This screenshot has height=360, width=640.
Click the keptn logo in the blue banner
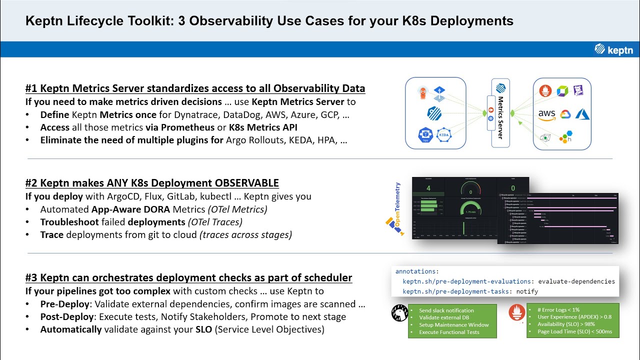[613, 49]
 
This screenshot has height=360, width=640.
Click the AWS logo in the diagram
[546, 114]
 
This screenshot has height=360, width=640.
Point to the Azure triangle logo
[582, 114]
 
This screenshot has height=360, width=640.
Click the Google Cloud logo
[565, 114]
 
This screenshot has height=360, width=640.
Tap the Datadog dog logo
[578, 90]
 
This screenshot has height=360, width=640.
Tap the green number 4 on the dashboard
[428, 188]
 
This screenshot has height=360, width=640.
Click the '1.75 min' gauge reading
[470, 211]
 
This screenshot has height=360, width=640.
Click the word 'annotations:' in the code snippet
[416, 271]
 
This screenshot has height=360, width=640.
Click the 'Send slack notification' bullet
[446, 310]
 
